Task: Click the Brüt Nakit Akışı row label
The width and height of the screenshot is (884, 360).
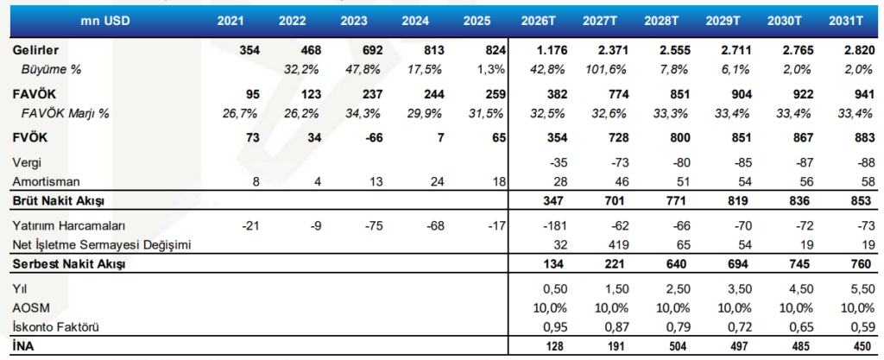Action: [x=58, y=200]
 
